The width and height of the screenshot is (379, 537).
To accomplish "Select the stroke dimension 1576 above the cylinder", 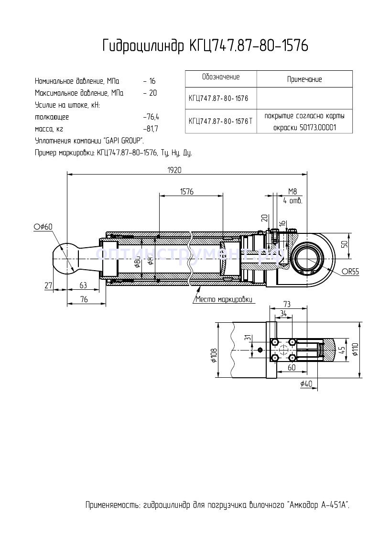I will [187, 191].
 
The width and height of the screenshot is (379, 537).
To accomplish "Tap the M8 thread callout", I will [292, 191].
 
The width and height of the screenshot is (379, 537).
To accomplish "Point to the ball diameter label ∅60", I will [43, 226].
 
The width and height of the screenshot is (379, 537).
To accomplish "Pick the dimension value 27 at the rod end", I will [48, 285].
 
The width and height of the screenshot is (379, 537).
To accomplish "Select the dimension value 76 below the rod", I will [84, 299].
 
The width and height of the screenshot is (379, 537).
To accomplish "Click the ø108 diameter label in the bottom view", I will [214, 354].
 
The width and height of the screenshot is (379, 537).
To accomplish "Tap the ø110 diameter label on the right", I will [355, 350].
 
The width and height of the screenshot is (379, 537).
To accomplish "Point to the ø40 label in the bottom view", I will [306, 383].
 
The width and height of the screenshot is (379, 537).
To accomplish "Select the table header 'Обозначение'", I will [220, 77].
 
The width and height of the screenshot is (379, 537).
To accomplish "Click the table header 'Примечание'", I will [304, 79].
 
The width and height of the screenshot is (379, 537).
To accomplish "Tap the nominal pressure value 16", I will [152, 81].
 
